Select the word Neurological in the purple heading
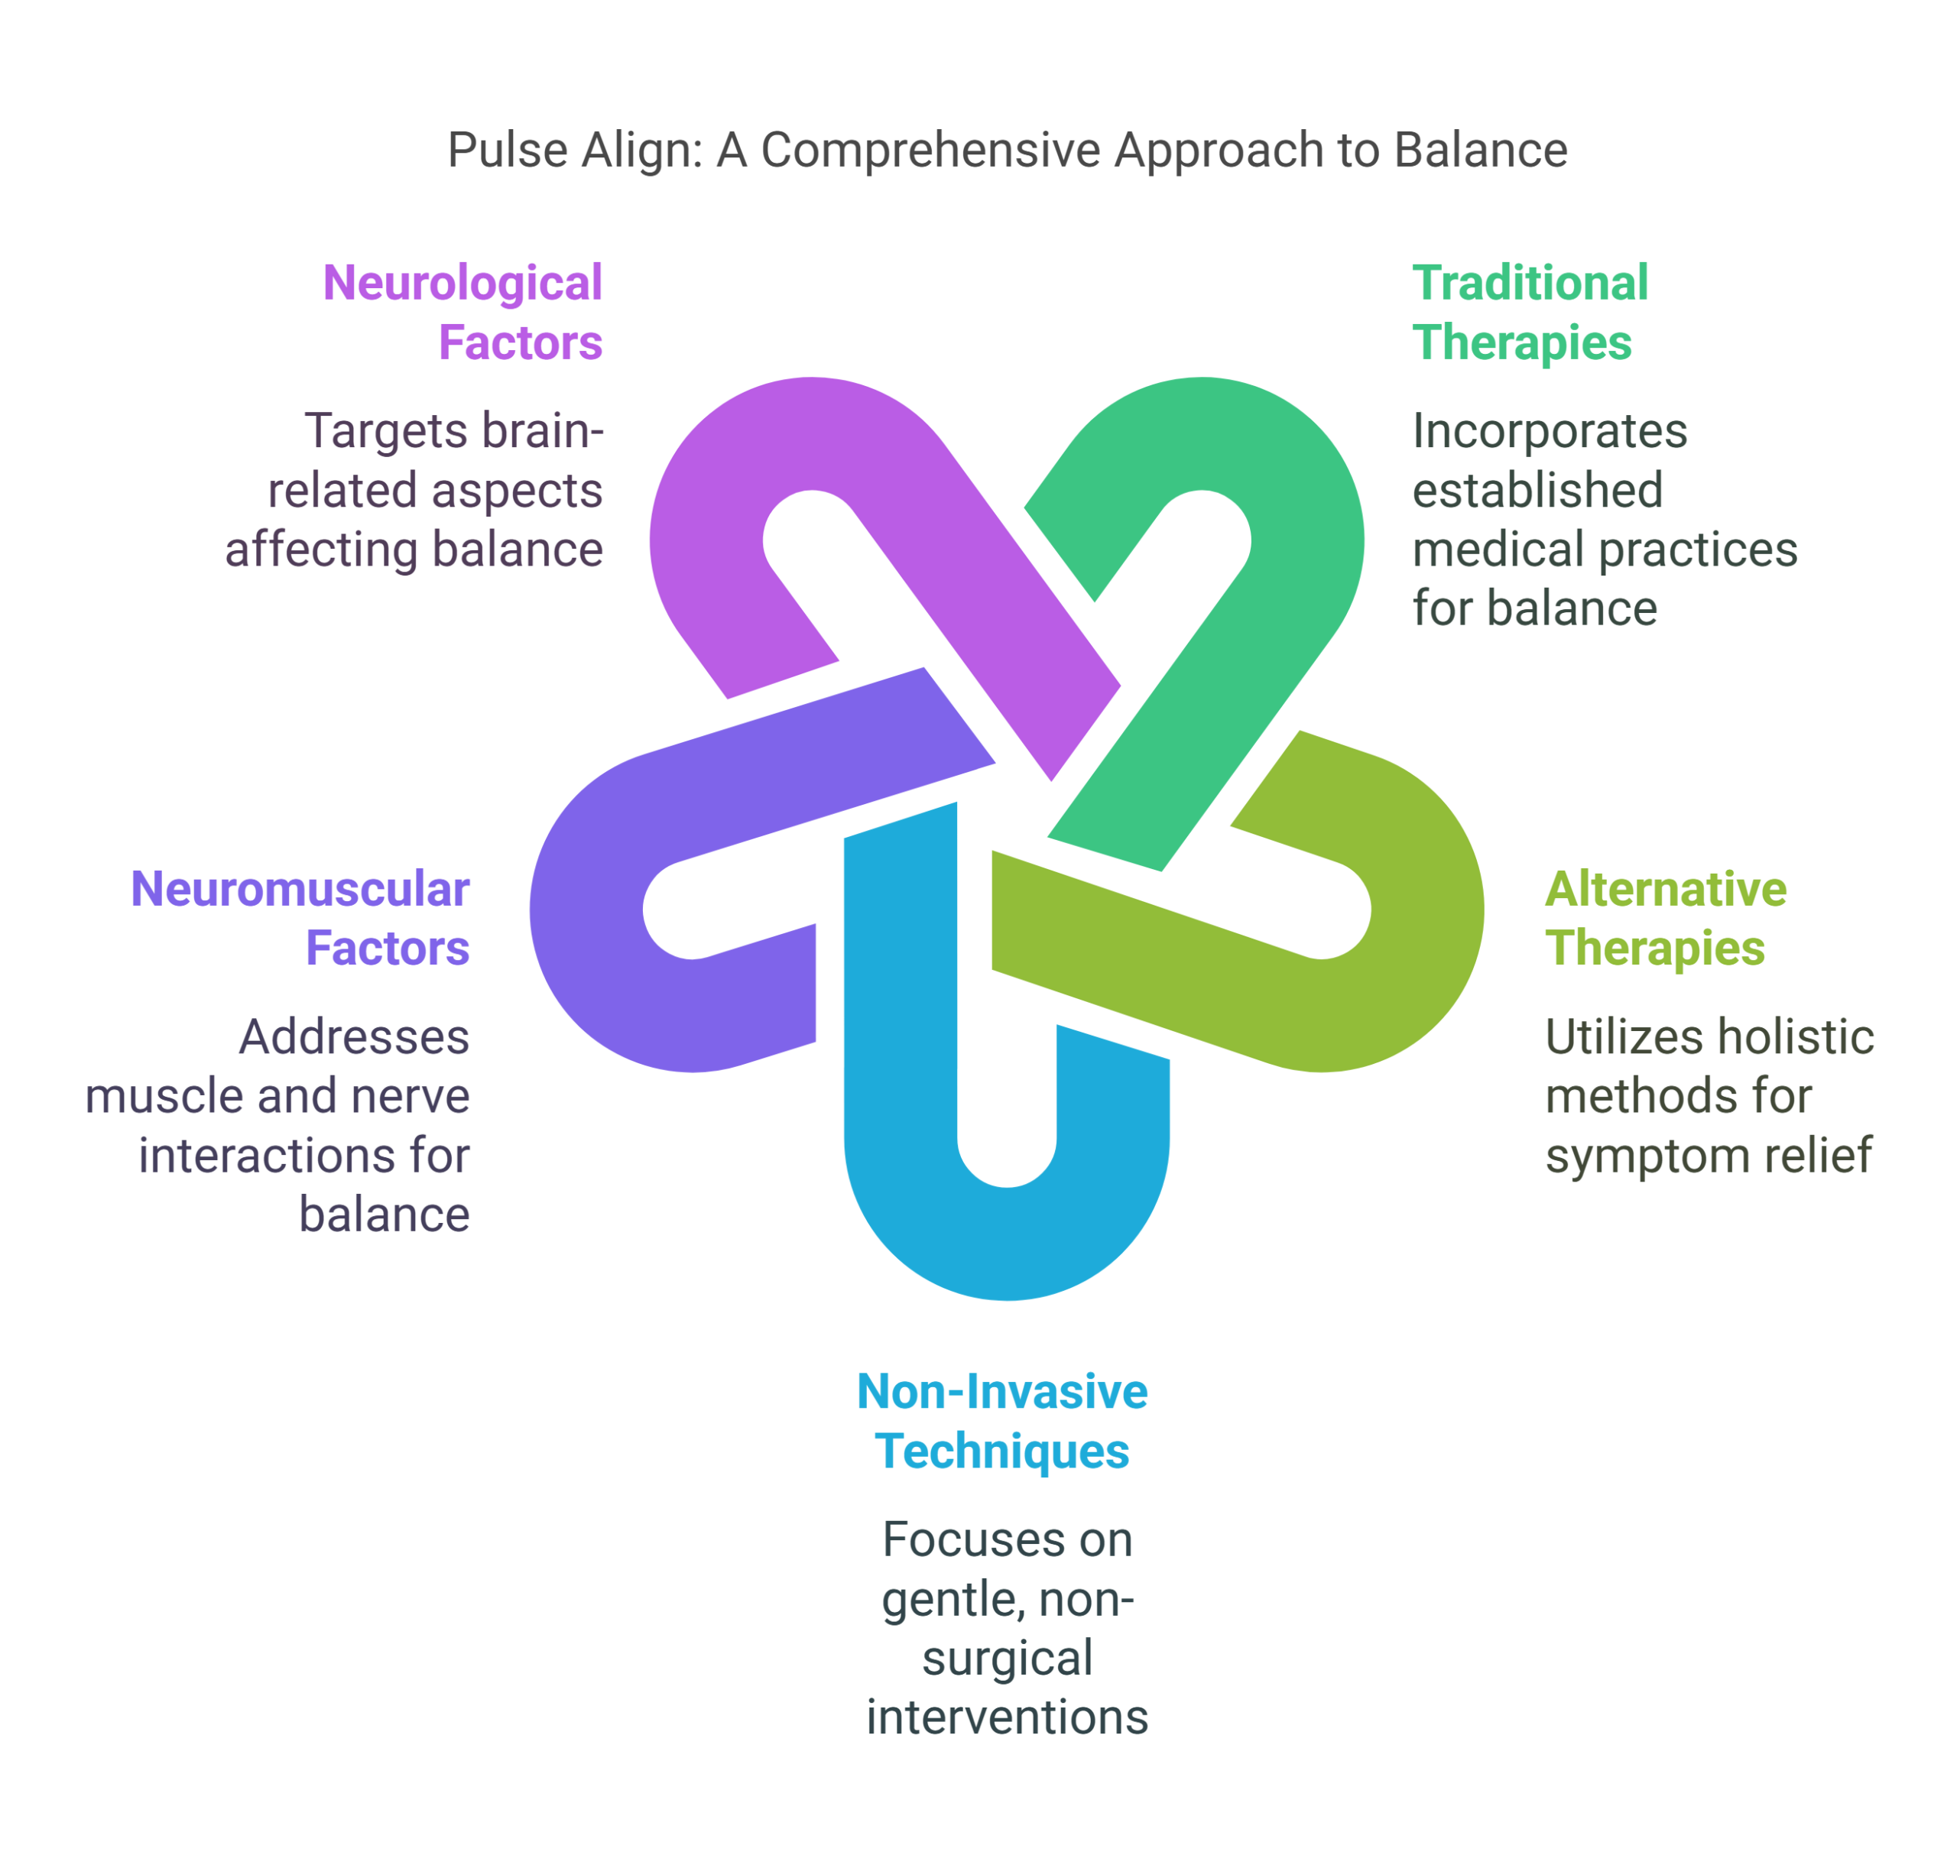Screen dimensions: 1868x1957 (x=460, y=287)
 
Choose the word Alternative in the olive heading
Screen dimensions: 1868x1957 (x=1664, y=890)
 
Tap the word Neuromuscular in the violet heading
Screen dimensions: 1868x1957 (x=300, y=890)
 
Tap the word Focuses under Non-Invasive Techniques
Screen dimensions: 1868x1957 (x=1007, y=1542)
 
